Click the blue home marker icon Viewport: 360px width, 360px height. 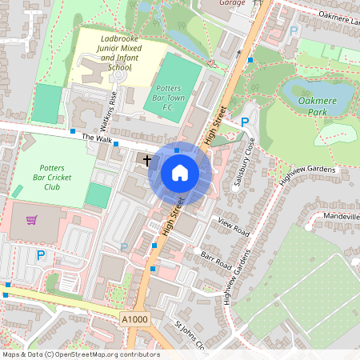click(x=180, y=173)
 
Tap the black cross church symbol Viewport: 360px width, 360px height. click(x=147, y=160)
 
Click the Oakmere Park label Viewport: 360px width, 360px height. click(x=318, y=107)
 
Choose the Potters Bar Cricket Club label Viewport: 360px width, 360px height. click(x=52, y=180)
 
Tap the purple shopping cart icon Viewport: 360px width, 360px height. click(x=31, y=220)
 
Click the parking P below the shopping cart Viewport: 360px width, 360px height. click(x=40, y=255)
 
